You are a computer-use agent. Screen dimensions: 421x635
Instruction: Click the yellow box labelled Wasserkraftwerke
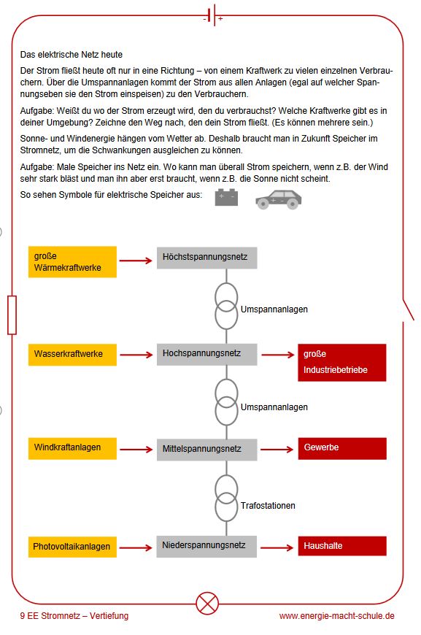coord(72,355)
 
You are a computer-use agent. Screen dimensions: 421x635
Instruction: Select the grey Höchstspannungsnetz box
coord(207,258)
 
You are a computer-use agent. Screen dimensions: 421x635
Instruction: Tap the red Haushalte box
coord(342,546)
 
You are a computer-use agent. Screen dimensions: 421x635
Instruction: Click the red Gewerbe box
coord(342,448)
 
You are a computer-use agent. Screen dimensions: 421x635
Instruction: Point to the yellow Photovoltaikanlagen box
coord(72,547)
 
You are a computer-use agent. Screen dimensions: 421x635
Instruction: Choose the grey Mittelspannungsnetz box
coord(207,450)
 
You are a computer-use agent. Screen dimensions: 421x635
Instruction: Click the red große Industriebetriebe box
coord(342,363)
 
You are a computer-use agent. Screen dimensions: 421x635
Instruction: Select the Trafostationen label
coord(268,505)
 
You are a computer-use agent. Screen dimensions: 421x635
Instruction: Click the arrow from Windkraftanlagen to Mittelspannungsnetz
coord(136,449)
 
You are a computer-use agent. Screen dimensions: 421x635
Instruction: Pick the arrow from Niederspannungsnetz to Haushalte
coord(277,547)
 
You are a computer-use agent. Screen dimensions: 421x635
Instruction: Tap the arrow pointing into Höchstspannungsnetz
coord(136,261)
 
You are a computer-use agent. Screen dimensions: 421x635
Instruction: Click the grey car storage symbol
coord(279,199)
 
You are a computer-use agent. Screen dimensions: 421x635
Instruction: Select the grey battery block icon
coord(226,197)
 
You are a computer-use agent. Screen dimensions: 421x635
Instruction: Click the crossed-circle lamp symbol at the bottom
coord(207,603)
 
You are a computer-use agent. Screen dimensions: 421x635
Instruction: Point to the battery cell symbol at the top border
coord(213,16)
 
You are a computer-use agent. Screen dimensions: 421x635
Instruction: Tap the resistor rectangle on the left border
coord(12,315)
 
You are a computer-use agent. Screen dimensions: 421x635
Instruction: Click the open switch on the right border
coord(408,309)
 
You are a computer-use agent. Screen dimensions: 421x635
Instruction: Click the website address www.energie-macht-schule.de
coord(337,616)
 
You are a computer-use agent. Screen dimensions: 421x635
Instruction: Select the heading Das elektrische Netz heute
coord(72,55)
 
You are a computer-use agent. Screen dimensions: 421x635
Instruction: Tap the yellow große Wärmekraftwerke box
coord(72,262)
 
